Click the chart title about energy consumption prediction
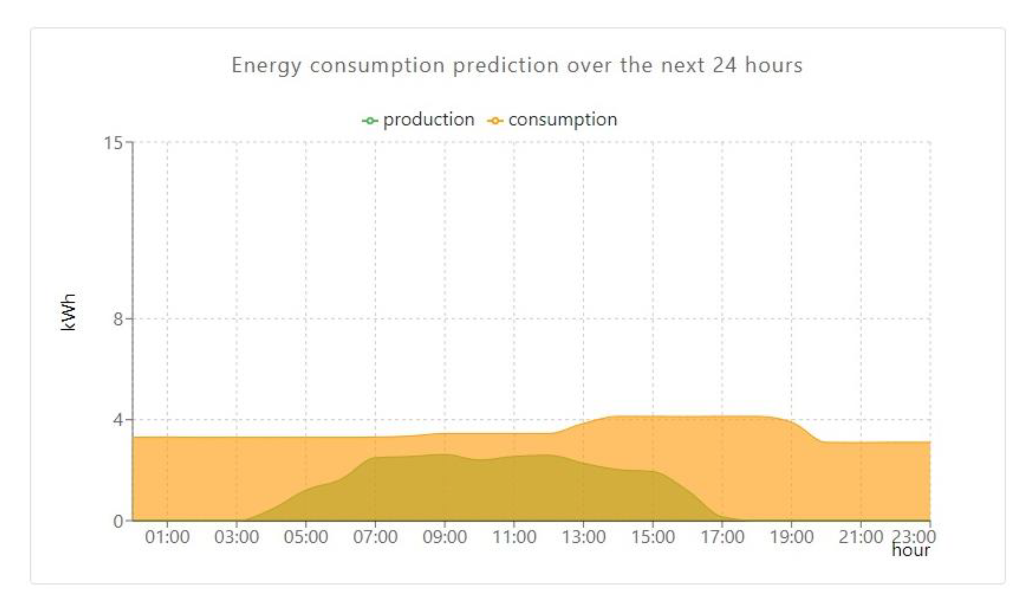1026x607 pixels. pos(516,65)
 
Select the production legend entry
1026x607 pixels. pos(428,120)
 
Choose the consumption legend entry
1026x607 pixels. pos(562,120)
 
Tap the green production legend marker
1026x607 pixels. pos(370,121)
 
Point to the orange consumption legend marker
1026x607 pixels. pos(495,121)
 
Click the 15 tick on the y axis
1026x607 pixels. pos(113,143)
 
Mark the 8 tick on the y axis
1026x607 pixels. pos(118,320)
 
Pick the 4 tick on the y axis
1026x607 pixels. pos(118,420)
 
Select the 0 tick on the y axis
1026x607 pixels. pos(118,521)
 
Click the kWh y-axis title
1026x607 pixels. pos(69,312)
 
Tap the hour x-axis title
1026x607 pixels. pos(910,551)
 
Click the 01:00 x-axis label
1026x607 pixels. pos(167,537)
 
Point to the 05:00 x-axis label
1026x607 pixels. pos(306,537)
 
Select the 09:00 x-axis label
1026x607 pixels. pos(444,537)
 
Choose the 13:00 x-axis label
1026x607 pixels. pos(584,537)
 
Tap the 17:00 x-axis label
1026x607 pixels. pos(722,537)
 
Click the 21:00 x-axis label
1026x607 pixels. pos(860,537)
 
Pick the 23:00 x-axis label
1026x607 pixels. pos(913,536)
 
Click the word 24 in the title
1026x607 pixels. pos(725,65)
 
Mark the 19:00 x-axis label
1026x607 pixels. pos(791,537)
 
